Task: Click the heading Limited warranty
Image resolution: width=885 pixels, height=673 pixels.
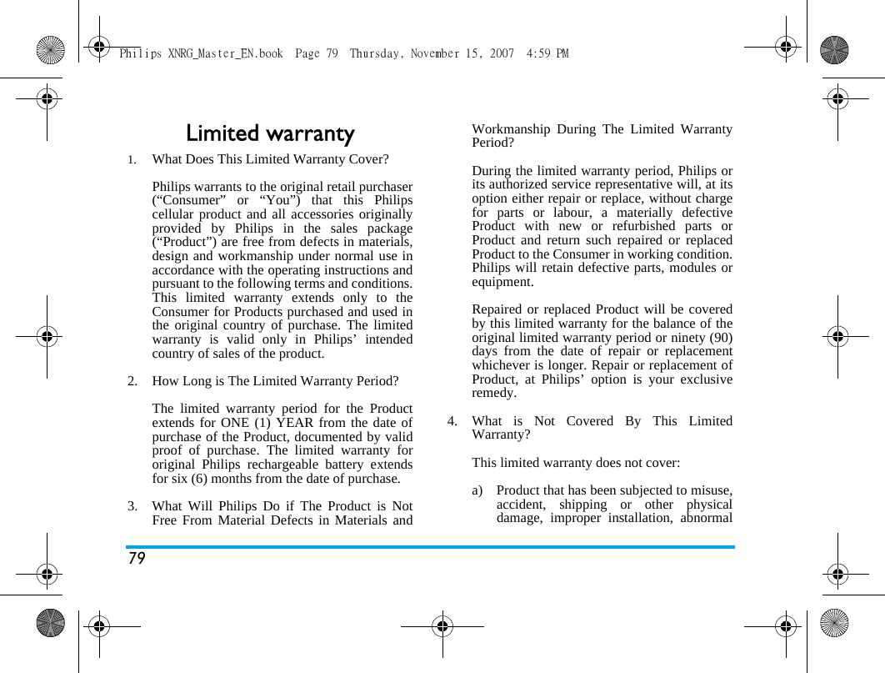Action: [270, 133]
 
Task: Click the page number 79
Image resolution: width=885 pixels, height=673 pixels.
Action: [137, 559]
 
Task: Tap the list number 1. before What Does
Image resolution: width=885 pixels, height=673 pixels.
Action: [131, 159]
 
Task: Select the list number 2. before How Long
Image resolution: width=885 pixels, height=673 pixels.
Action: [132, 381]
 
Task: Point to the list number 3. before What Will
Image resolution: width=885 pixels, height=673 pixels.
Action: [132, 506]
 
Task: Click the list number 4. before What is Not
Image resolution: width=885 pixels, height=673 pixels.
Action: [452, 421]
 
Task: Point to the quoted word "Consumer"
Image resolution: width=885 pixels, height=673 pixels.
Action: [187, 201]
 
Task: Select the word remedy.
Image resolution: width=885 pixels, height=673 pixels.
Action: [494, 393]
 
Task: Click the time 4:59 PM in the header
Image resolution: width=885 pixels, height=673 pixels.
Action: [547, 54]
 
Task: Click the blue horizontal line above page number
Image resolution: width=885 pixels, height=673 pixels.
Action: [430, 547]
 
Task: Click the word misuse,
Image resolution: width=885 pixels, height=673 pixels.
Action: [710, 490]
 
